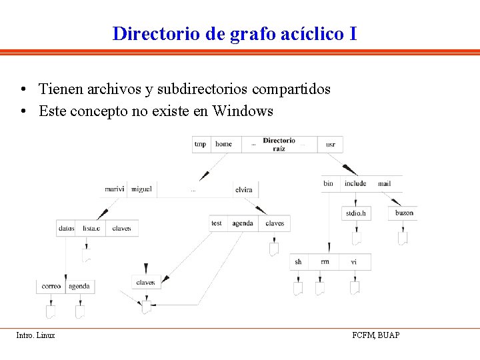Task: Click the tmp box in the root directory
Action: (x=200, y=144)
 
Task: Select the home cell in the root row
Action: (x=224, y=144)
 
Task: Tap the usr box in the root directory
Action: (x=331, y=144)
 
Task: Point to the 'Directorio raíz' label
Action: (x=279, y=144)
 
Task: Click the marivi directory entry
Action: (x=114, y=189)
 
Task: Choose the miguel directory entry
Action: (x=141, y=189)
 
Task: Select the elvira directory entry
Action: (x=244, y=190)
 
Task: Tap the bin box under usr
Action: (x=329, y=183)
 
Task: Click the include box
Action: (x=355, y=183)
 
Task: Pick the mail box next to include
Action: (x=384, y=183)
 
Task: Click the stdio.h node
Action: (x=356, y=213)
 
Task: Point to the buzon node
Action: (x=404, y=213)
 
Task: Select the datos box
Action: (x=66, y=228)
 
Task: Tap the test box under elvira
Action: (x=217, y=223)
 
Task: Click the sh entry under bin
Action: (x=298, y=262)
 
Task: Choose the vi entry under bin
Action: (x=354, y=262)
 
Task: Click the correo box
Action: (x=51, y=286)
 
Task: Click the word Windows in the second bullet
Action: (x=243, y=111)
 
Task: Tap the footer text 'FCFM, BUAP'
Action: (x=376, y=335)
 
